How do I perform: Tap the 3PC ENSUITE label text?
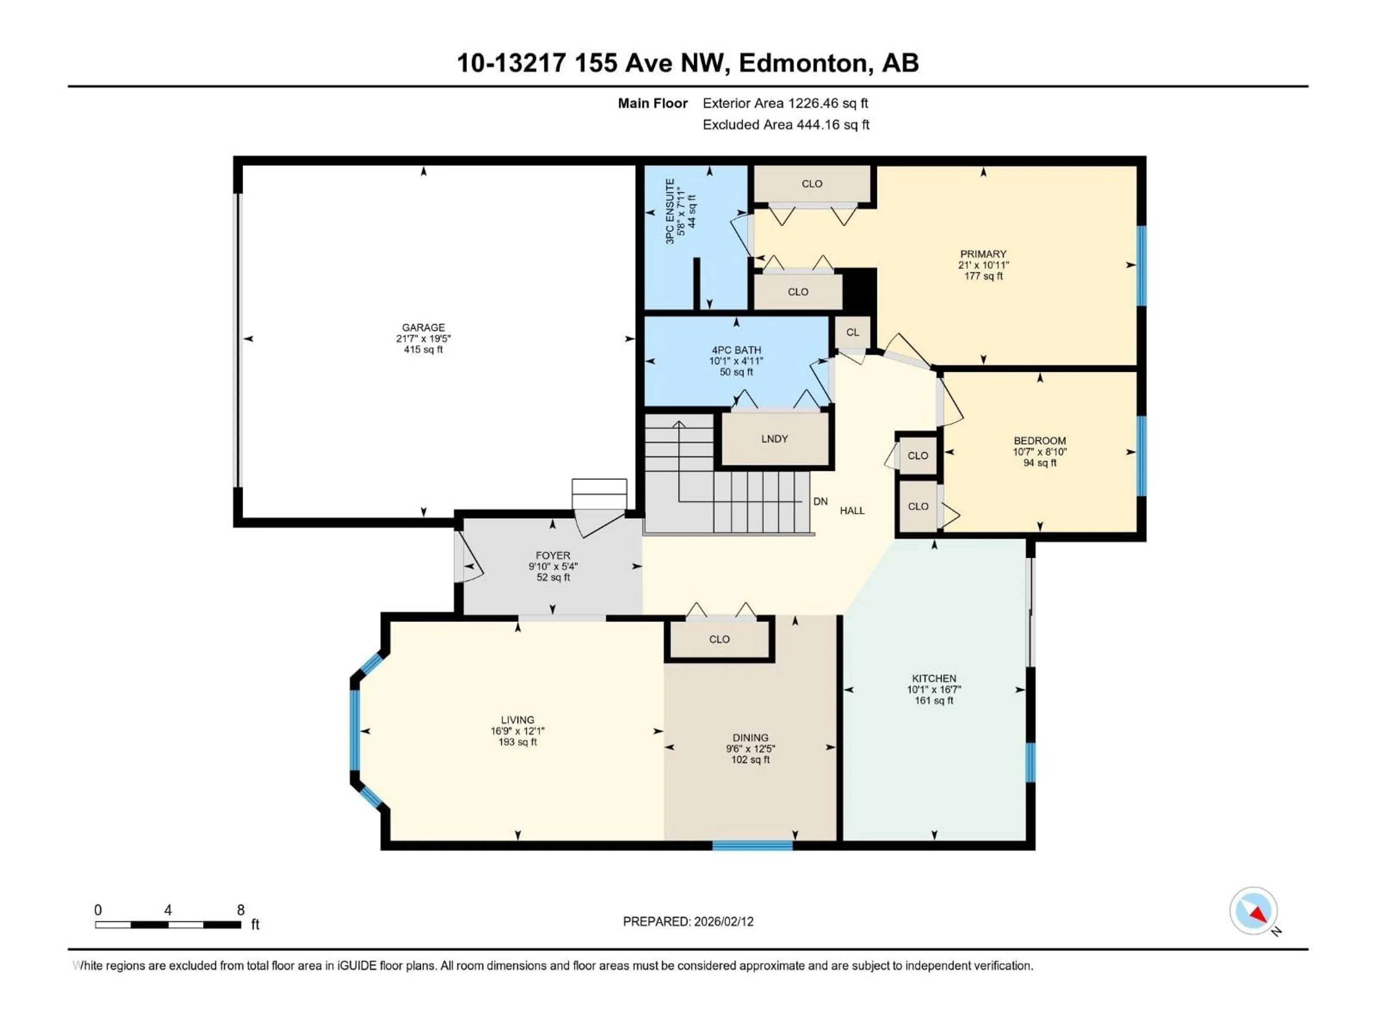coord(670,211)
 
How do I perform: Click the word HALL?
coord(852,511)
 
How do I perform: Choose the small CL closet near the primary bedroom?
coord(852,332)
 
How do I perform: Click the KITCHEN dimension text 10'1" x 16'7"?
coord(934,689)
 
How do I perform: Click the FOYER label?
coord(553,555)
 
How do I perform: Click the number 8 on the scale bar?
coord(241,910)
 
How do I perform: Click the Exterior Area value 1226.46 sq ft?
coord(827,103)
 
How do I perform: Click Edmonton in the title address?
coord(803,63)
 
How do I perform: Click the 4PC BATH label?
coord(737,350)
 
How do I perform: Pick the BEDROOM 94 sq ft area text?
coord(1040,463)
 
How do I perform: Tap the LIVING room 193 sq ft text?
coord(517,742)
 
